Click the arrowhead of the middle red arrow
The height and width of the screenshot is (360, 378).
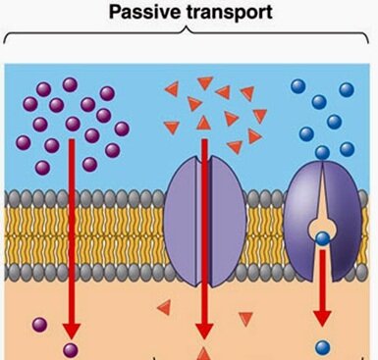click(204, 324)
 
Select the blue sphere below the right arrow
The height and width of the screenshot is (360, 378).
click(321, 346)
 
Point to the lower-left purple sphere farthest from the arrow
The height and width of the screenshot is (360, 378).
click(39, 325)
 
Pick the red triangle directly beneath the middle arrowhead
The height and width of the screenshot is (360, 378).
click(204, 352)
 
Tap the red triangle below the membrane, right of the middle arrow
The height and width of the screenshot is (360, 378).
click(247, 317)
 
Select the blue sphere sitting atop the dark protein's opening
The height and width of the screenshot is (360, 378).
click(322, 152)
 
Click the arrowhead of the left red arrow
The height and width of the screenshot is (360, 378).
click(72, 324)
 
